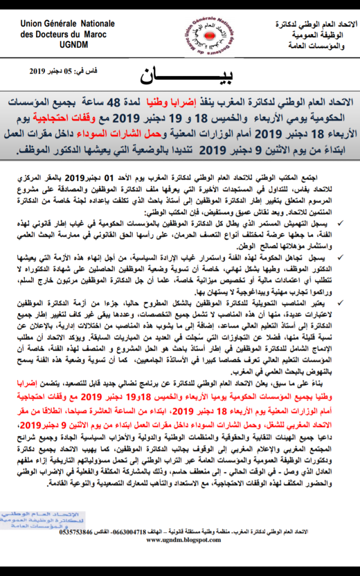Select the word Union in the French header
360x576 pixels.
pyautogui.click(x=31, y=24)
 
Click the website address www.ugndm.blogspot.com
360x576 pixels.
pyautogui.click(x=183, y=540)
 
